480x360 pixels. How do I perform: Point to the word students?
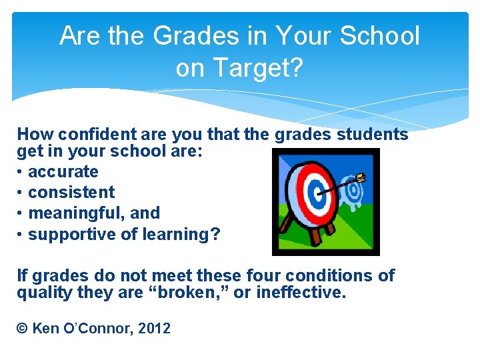(373, 135)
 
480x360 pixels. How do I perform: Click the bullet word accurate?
(63, 172)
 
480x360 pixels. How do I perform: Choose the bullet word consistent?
(71, 193)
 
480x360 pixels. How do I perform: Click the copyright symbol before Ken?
(23, 329)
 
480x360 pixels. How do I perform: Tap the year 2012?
(155, 329)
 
